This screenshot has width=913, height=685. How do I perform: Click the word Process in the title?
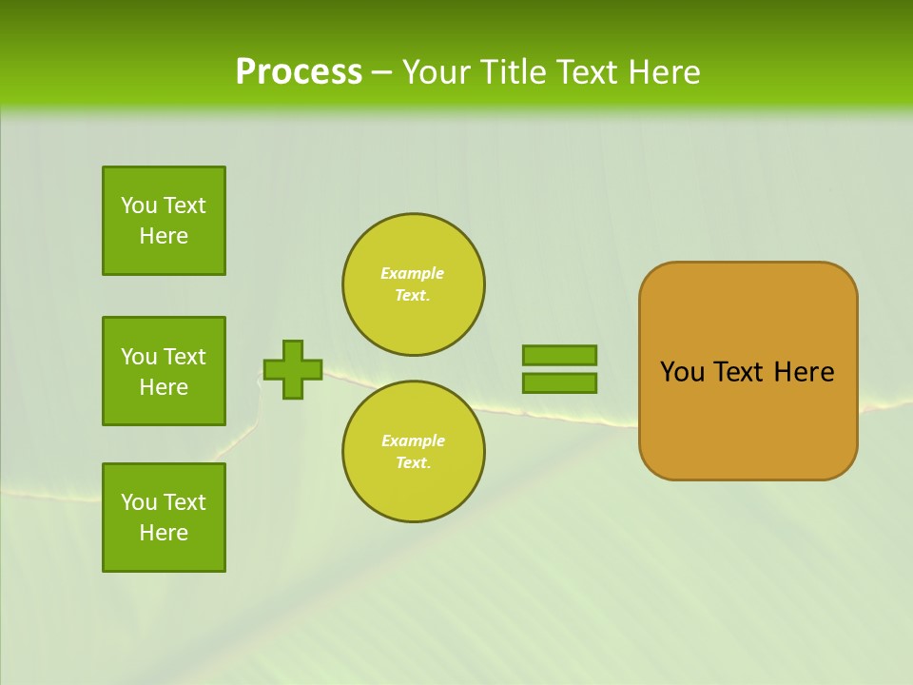(x=299, y=72)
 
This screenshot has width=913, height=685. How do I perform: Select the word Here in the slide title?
(x=664, y=72)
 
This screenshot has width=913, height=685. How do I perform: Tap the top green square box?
(x=164, y=221)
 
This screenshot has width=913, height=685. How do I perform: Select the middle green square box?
(x=164, y=371)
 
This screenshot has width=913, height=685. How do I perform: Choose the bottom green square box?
(x=164, y=518)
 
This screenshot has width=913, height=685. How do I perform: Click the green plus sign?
(x=293, y=369)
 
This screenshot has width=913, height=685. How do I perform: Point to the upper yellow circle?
(x=414, y=284)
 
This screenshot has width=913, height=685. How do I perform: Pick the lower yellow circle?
(x=414, y=452)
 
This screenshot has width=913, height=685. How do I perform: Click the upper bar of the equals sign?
(x=559, y=355)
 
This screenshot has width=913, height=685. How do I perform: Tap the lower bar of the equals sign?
(x=559, y=383)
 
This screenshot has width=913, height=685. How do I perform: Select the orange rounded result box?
(x=748, y=371)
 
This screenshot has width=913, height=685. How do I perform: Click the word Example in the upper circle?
(x=412, y=273)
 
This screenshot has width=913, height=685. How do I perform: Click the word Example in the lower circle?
(x=413, y=440)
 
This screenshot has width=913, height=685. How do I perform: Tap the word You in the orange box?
(x=682, y=372)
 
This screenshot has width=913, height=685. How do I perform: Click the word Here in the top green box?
(x=164, y=236)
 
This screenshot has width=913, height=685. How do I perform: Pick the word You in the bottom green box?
(x=139, y=502)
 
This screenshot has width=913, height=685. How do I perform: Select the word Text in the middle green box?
(x=184, y=357)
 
